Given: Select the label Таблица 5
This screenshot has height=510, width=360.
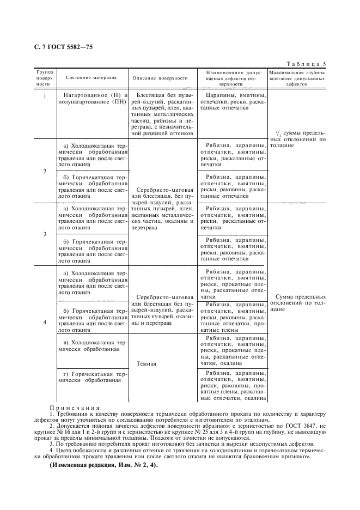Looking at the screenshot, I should [x=308, y=63].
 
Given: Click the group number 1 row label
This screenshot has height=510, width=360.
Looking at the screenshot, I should [x=45, y=95].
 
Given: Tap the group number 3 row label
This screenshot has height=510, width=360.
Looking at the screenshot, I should [x=45, y=234].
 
